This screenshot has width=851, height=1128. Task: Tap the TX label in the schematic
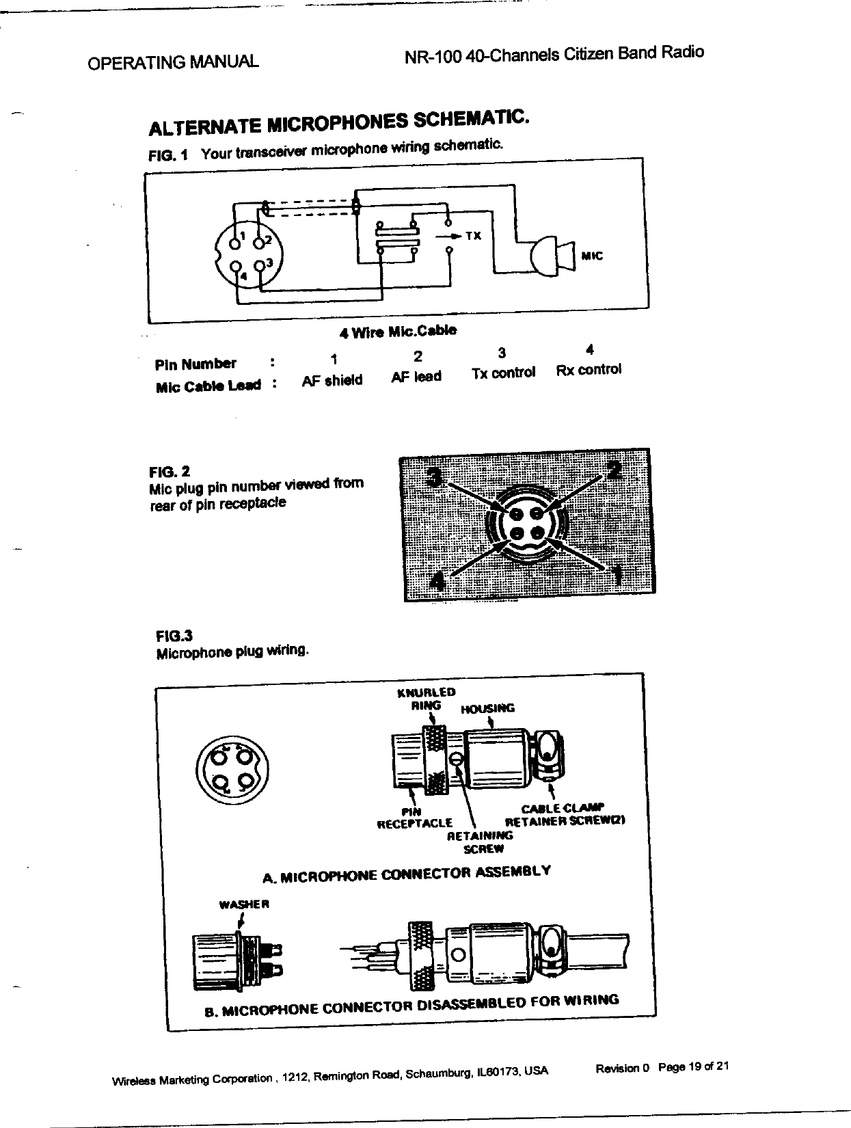[x=474, y=236]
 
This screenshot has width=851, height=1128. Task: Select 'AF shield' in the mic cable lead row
[x=332, y=381]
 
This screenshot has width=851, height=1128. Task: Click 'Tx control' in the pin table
[x=503, y=373]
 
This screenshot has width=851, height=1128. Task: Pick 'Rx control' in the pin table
[x=589, y=370]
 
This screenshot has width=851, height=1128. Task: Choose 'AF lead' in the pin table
[x=416, y=376]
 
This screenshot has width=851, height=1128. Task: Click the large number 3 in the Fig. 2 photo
[x=433, y=475]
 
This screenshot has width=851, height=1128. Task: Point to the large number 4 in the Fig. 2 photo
[x=438, y=582]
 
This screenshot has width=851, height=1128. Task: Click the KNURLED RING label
[x=426, y=699]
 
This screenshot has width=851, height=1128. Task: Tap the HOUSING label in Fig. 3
[x=487, y=708]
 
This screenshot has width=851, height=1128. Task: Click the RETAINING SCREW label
[x=479, y=842]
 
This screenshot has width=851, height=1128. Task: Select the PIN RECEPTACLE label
[x=415, y=818]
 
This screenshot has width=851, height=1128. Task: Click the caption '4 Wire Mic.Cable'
[x=398, y=332]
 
